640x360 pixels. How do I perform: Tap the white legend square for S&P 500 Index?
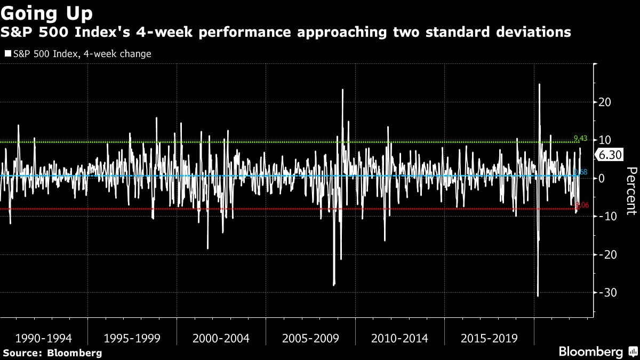click(7, 54)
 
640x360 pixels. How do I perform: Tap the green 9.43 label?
click(580, 139)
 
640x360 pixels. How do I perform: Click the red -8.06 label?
click(580, 205)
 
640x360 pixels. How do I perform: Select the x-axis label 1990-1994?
click(43, 338)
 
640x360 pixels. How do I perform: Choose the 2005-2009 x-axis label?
click(310, 338)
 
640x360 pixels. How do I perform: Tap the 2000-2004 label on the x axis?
click(221, 338)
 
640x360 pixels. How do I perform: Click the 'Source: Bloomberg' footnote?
click(52, 353)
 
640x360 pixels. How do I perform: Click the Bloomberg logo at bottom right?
click(590, 351)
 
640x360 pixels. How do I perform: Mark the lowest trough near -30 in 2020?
click(538, 295)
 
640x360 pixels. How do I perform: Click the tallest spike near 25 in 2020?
click(540, 84)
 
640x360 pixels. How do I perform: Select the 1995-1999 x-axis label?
click(132, 338)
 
